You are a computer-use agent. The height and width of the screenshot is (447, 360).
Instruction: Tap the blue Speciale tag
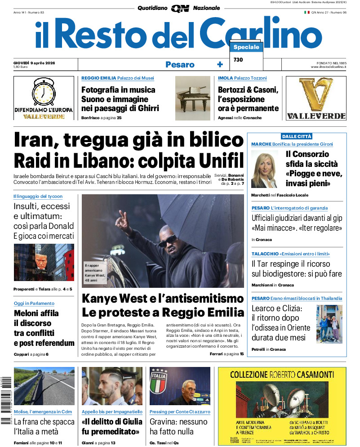[x=246, y=47]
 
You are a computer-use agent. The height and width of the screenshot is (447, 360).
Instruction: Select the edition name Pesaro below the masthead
[x=180, y=65]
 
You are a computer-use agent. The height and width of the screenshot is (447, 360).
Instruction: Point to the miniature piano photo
[x=192, y=98]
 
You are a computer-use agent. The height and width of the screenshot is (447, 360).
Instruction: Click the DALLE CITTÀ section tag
[x=297, y=136]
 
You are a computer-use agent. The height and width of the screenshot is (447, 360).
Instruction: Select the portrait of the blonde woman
[x=264, y=169]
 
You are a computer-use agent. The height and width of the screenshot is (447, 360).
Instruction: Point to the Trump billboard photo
[x=44, y=262]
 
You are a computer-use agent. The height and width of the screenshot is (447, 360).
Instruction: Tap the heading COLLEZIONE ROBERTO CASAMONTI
[x=282, y=374]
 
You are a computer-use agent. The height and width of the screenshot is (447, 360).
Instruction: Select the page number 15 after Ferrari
[x=242, y=354]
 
